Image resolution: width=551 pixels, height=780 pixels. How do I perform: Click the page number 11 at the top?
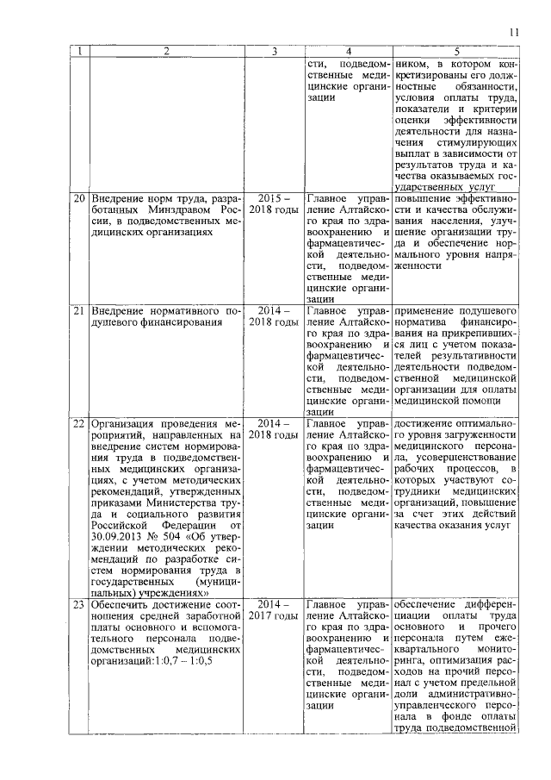point(514,33)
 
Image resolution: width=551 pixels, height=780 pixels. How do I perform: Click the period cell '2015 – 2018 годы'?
point(273,205)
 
